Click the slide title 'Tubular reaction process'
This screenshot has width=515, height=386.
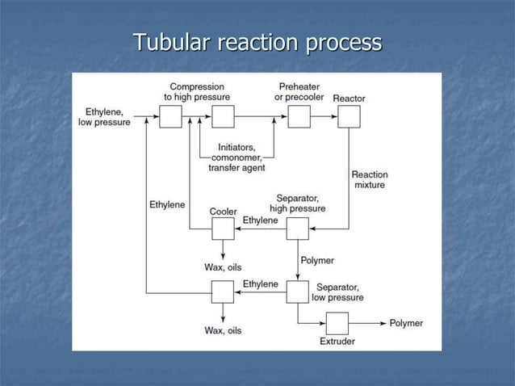tap(257, 41)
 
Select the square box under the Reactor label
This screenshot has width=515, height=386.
tap(349, 118)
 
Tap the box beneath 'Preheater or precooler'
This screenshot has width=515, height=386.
tap(299, 118)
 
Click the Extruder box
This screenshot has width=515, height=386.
tap(337, 323)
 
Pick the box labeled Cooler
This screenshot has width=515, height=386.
tap(223, 229)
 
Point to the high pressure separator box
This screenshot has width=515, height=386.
tap(298, 229)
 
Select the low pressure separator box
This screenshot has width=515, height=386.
tap(298, 292)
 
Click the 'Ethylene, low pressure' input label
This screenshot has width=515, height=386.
tap(104, 116)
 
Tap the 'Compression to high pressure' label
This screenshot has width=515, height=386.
tap(197, 91)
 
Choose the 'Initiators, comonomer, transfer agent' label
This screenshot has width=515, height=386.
tap(237, 157)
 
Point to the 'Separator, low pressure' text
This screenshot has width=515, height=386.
tap(339, 292)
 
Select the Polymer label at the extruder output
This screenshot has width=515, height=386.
tap(406, 323)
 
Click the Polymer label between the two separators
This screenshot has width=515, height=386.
tap(317, 261)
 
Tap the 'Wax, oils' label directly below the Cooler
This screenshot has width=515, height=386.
tap(223, 267)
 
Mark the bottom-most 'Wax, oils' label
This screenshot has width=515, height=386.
tap(223, 330)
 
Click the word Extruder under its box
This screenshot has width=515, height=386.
tap(337, 342)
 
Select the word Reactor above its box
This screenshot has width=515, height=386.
tap(349, 99)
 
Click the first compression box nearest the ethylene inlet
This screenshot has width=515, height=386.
tap(170, 118)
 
